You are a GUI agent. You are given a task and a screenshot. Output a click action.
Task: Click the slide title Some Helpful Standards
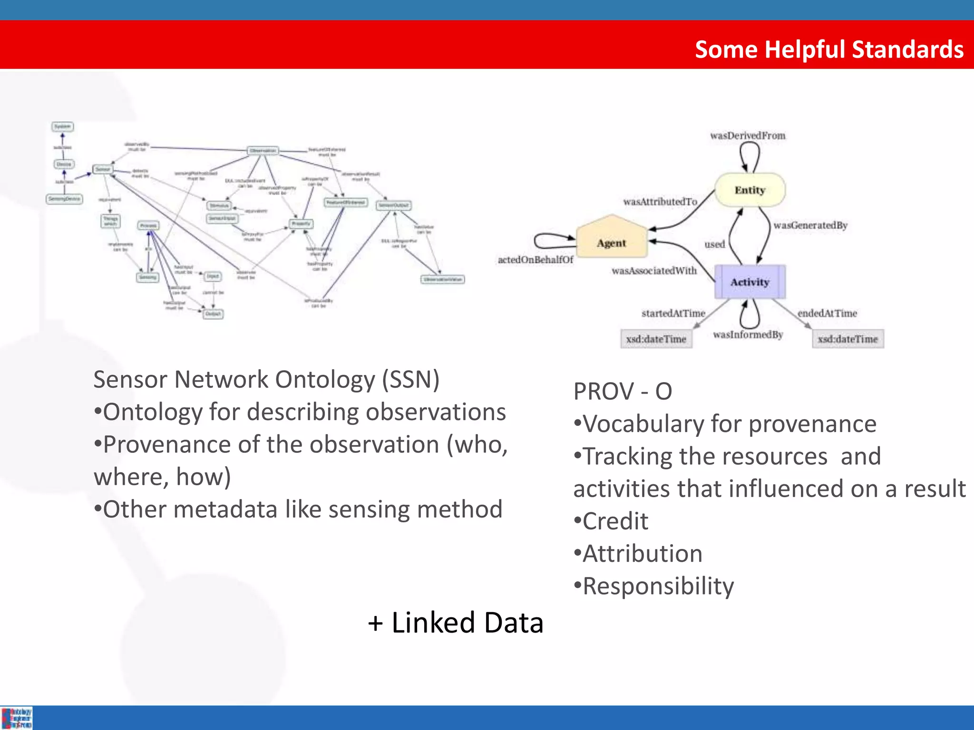829,49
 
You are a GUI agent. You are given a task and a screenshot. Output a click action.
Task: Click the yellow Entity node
750,190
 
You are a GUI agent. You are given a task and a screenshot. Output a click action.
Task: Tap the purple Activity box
750,282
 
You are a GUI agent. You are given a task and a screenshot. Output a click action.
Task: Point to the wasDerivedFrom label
748,135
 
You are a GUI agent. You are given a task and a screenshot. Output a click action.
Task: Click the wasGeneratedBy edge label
810,225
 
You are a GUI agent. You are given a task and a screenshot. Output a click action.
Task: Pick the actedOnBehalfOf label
535,259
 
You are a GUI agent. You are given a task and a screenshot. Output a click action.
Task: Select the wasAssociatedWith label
654,270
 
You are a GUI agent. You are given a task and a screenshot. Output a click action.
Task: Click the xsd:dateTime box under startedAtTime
656,339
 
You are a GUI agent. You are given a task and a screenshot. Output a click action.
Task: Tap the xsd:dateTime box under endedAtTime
847,339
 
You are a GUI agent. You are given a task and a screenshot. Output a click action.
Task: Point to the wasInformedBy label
748,335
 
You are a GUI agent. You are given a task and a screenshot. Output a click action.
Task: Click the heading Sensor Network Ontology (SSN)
266,379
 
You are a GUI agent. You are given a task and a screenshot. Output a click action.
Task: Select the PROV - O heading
623,391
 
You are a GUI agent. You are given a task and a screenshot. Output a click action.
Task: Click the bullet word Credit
615,521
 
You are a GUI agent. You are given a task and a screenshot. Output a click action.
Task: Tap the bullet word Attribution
642,553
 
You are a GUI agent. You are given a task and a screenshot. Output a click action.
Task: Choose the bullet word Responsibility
658,586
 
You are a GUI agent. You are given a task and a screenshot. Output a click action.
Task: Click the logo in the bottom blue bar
17,718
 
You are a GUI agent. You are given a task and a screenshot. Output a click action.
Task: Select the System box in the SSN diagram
62,126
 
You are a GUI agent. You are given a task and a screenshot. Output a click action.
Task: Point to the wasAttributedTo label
660,202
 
